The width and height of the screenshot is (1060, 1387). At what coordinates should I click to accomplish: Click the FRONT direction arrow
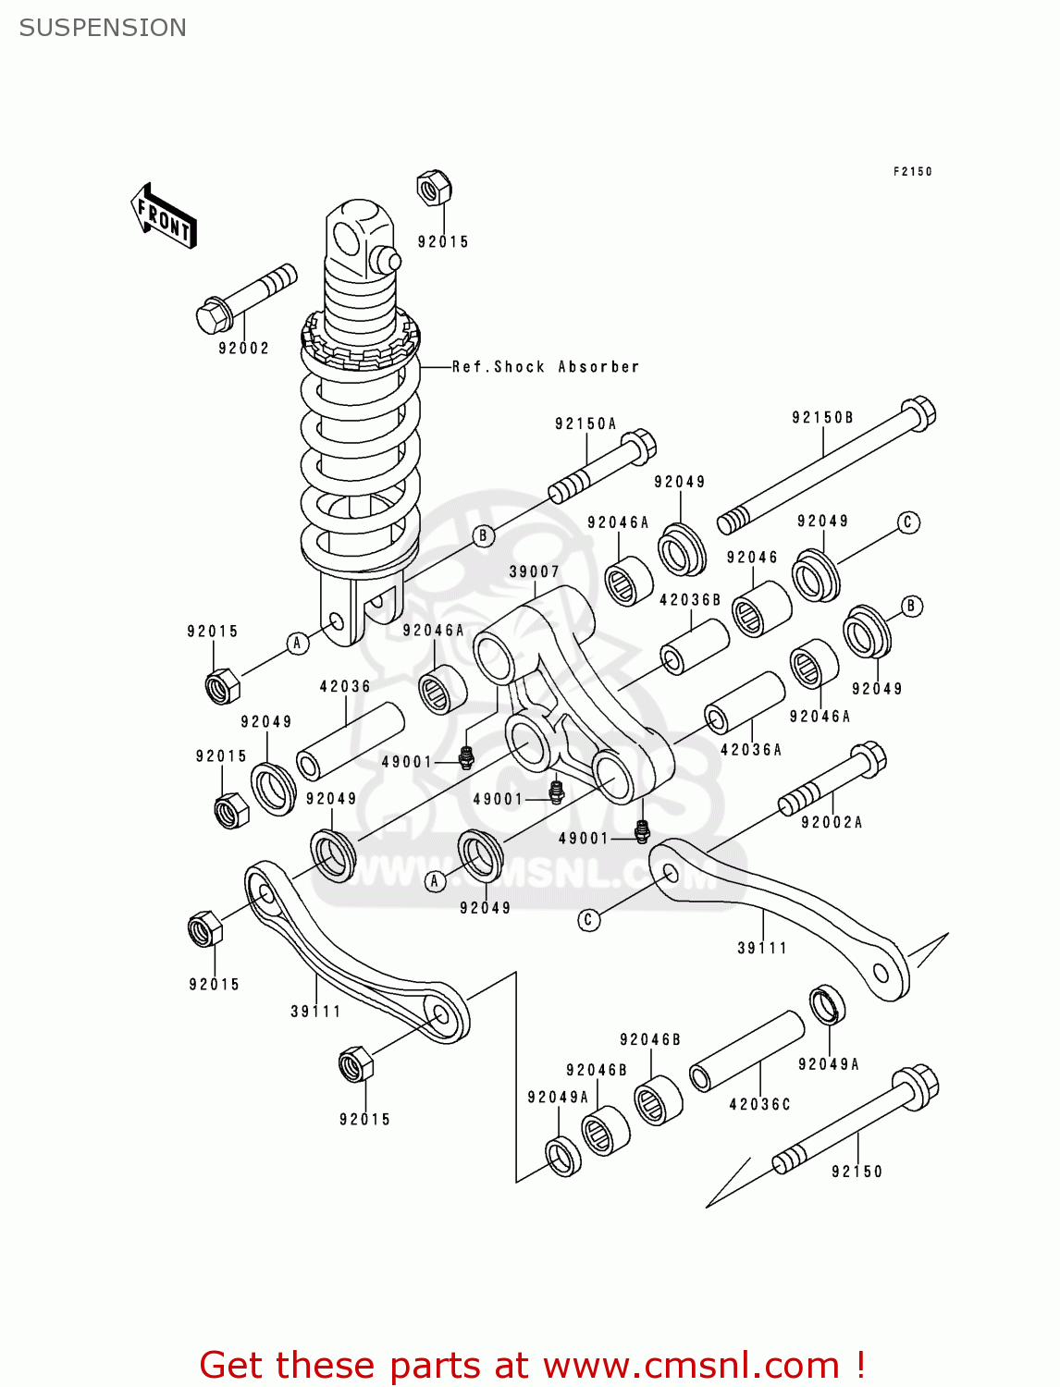click(165, 216)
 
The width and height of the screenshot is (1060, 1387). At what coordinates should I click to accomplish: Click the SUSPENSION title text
click(103, 28)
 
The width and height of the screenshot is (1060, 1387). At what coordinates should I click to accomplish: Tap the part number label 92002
click(243, 349)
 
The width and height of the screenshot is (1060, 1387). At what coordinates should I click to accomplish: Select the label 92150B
click(822, 418)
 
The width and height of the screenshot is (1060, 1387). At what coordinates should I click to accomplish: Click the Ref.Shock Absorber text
click(546, 367)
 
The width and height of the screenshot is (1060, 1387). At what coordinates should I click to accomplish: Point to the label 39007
click(535, 572)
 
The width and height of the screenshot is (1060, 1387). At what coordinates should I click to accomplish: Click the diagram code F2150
click(912, 171)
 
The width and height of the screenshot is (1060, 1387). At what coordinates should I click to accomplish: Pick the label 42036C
click(760, 1104)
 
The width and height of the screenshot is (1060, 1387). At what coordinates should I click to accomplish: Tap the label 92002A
click(832, 822)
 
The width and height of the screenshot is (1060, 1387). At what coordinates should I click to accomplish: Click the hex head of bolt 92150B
click(918, 412)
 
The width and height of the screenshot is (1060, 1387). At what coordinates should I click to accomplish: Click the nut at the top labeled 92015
click(432, 188)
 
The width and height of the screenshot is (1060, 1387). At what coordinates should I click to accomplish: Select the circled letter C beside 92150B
click(907, 522)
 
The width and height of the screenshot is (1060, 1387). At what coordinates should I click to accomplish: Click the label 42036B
click(690, 600)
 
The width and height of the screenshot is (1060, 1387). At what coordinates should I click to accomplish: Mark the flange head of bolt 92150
click(915, 1086)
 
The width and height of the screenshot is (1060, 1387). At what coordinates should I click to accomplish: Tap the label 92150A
click(585, 423)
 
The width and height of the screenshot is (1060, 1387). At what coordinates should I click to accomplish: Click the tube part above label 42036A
click(745, 703)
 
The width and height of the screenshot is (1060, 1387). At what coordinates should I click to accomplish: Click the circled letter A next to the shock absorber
click(297, 643)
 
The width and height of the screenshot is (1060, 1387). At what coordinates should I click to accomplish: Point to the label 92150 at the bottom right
click(857, 1172)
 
